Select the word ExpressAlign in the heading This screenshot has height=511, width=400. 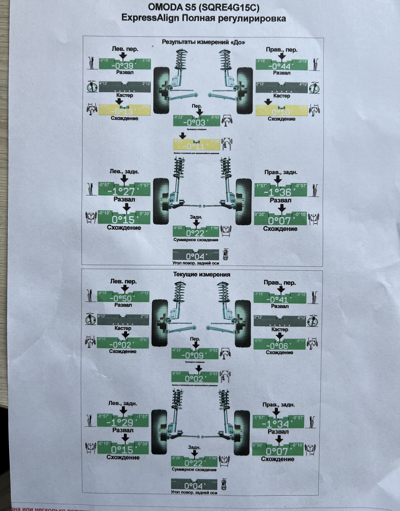click(x=150, y=18)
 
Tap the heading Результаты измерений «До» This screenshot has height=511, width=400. click(x=203, y=42)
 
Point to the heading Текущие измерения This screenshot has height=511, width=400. click(x=202, y=274)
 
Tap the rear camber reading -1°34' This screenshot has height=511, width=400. click(x=277, y=424)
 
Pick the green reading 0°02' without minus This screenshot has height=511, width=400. click(x=194, y=378)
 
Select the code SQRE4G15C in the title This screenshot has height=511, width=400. click(x=228, y=7)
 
